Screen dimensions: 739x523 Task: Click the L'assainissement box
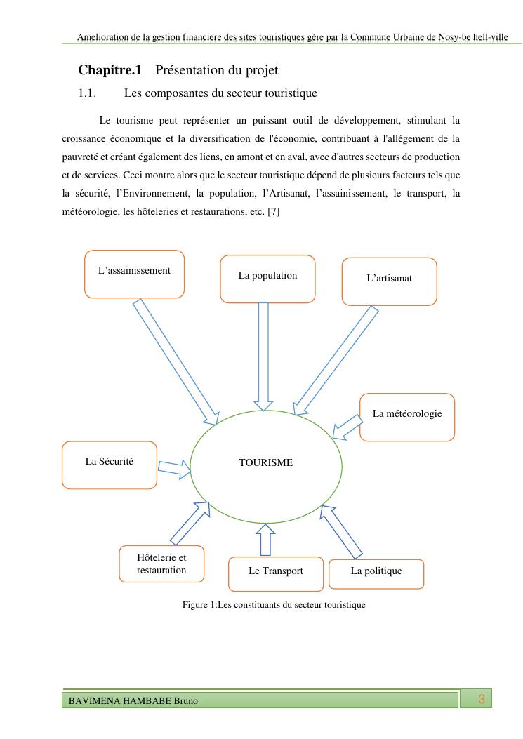(x=134, y=274)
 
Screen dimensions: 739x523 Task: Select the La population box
(x=267, y=279)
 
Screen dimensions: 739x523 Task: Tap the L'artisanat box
(x=389, y=281)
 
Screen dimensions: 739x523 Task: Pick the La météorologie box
(x=407, y=417)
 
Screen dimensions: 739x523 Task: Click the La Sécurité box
(x=110, y=465)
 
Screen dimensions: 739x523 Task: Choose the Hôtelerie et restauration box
(x=161, y=564)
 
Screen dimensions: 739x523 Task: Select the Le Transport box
(x=276, y=574)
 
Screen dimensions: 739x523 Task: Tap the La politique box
(x=376, y=573)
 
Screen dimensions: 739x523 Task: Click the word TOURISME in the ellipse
(x=266, y=463)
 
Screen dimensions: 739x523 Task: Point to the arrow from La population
(x=264, y=354)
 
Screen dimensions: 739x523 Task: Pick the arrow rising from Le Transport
(x=265, y=540)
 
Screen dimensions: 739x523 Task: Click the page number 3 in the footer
(x=482, y=699)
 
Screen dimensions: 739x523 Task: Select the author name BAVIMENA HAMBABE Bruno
(x=133, y=701)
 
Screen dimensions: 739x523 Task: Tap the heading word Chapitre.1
(x=110, y=70)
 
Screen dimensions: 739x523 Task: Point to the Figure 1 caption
(x=274, y=604)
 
